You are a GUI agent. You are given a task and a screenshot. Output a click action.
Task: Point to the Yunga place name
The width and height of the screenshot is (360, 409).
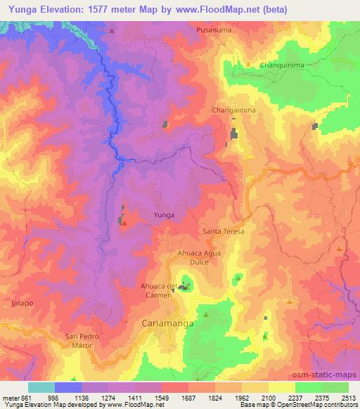[164, 215]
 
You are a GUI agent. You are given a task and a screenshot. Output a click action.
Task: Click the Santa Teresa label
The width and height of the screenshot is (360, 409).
[224, 231]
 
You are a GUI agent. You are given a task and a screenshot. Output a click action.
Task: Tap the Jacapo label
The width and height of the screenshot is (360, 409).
[22, 303]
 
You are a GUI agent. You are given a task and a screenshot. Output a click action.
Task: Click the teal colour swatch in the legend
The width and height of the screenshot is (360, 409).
[41, 387]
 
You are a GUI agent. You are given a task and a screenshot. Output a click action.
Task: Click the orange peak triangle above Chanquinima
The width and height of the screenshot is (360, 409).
[247, 65]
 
